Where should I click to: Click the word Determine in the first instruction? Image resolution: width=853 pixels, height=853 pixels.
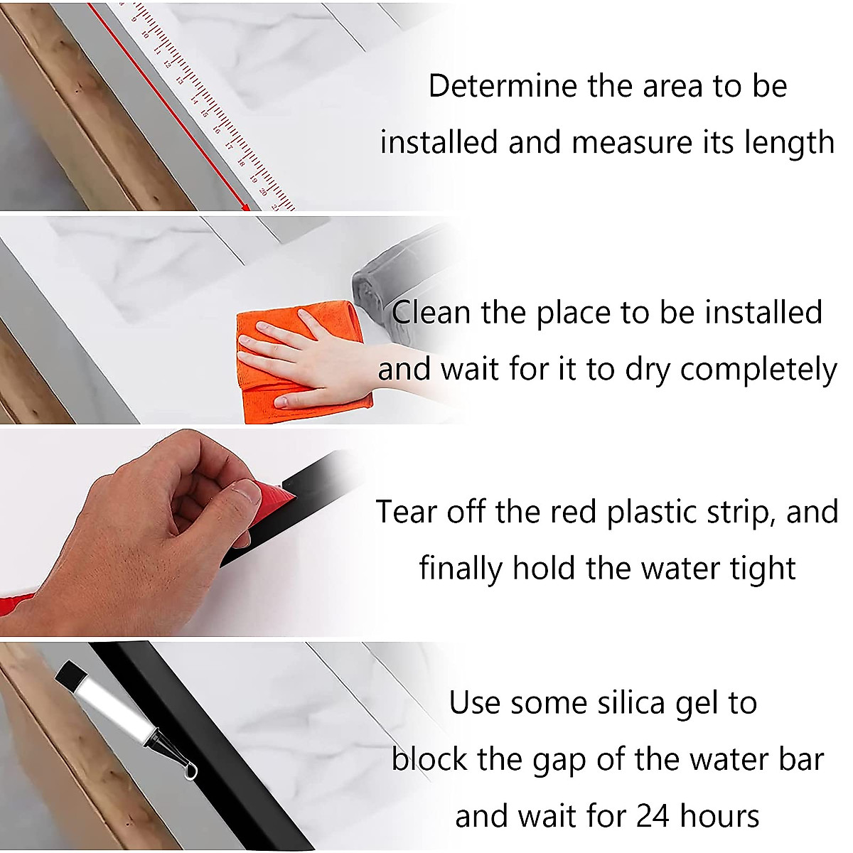tap(503, 85)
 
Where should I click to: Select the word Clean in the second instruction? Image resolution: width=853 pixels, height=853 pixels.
tap(431, 313)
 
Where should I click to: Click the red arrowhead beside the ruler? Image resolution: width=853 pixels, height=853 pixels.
tap(245, 206)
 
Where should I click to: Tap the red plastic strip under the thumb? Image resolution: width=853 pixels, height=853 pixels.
tap(273, 501)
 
